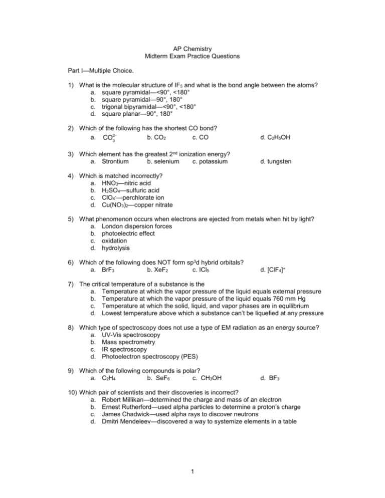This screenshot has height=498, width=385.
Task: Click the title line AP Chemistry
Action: (x=192, y=49)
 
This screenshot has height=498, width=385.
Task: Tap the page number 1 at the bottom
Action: (x=192, y=474)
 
